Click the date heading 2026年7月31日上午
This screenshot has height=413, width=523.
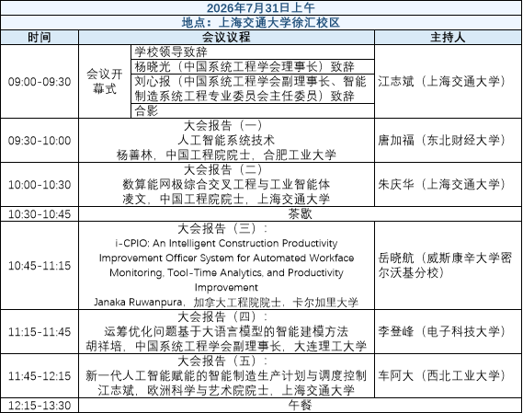[x=260, y=7]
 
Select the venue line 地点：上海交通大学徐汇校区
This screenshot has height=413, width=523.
[x=260, y=22]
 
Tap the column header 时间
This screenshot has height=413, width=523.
[x=40, y=37]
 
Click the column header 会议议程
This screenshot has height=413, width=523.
[x=226, y=37]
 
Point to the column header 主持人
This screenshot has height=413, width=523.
[x=448, y=37]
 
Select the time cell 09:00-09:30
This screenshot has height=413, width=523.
[x=40, y=82]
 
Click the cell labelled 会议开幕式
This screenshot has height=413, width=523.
[x=105, y=81]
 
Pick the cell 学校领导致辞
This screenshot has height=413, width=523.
[x=171, y=52]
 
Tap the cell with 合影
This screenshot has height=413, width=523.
[x=146, y=110]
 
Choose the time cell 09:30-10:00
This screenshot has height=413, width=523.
[x=40, y=140]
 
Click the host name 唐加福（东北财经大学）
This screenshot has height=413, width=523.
[x=441, y=140]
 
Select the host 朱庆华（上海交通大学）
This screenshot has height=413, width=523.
[x=441, y=184]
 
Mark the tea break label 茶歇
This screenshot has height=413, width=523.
[x=300, y=213]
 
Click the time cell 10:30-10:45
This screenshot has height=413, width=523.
[x=40, y=213]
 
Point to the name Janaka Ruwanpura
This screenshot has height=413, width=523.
[x=138, y=302]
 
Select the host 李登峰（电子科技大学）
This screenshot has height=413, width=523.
[x=441, y=331]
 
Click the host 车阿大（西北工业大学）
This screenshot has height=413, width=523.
[x=441, y=375]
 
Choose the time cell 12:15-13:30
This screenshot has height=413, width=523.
[x=40, y=406]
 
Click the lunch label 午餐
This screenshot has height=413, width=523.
[x=300, y=406]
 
